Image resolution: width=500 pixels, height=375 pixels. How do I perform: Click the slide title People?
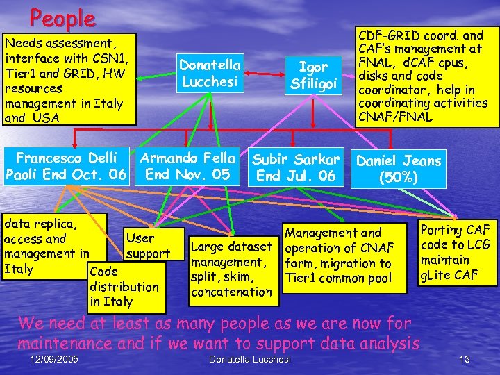62,17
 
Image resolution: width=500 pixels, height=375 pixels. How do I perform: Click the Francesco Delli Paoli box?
67,166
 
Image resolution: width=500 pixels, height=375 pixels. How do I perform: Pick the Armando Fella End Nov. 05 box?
188,165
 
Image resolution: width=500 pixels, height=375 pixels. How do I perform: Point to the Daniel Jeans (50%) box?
399,169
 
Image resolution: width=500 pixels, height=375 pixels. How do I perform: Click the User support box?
149,246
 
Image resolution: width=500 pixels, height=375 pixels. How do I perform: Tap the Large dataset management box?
231,269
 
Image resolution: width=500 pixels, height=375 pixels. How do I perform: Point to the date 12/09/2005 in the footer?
55,358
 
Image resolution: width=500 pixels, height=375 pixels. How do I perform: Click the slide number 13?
465,358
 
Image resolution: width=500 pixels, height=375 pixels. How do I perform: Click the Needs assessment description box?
68,80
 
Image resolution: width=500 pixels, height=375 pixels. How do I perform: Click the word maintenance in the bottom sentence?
61,342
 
